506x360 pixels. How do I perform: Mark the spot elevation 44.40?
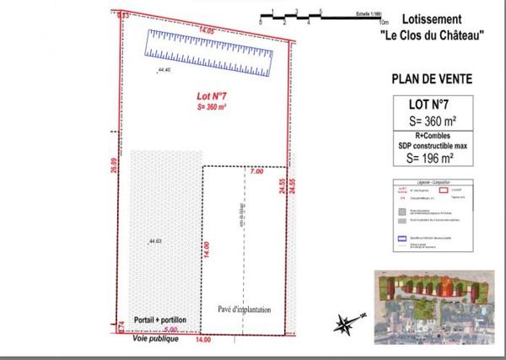[x=164, y=70]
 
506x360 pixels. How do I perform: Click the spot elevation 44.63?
[x=154, y=242]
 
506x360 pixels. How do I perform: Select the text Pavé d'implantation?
[x=245, y=309]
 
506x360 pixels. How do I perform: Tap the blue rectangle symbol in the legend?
[x=402, y=239]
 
